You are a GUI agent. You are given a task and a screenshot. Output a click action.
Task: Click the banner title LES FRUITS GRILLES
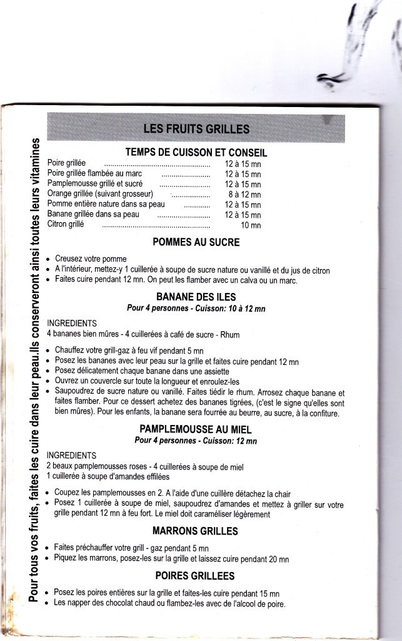(196, 130)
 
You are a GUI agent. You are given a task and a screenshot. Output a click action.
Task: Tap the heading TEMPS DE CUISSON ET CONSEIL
(196, 152)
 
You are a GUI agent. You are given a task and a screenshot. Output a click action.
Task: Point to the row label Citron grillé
(66, 224)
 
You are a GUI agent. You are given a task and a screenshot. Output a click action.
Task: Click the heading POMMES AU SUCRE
(196, 242)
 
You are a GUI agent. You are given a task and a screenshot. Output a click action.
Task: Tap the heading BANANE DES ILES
(196, 297)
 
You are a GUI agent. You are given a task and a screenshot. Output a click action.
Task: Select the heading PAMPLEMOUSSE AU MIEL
(196, 430)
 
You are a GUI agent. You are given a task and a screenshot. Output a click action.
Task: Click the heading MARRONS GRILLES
(196, 531)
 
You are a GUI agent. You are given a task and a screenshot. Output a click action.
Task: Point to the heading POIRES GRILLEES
(196, 576)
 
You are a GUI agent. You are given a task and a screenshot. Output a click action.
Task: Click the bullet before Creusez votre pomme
(48, 259)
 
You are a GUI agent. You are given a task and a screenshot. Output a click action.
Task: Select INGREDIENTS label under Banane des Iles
(72, 323)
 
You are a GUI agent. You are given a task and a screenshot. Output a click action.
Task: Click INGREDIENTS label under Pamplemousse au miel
(72, 455)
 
